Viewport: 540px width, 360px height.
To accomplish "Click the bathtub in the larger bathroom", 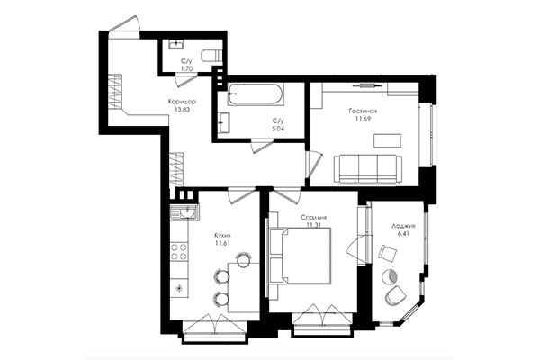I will [256, 94].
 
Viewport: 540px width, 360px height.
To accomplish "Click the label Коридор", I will [182, 101].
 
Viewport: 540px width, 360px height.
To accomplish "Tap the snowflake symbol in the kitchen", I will [177, 288].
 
